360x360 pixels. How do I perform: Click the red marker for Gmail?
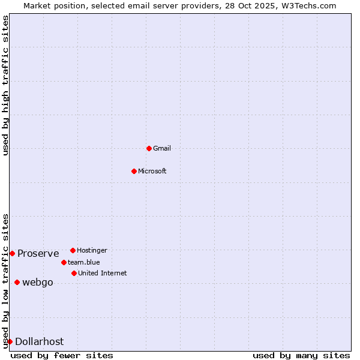[149, 148]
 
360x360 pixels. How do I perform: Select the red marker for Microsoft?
[134, 171]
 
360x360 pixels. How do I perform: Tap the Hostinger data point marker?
[73, 250]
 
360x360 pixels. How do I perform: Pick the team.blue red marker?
[64, 262]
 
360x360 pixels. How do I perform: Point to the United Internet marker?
[74, 273]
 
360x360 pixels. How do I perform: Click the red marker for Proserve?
[12, 253]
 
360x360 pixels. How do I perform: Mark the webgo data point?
[17, 282]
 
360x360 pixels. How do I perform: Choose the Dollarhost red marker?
[10, 341]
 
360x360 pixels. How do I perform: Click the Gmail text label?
[162, 148]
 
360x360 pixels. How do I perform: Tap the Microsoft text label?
[152, 171]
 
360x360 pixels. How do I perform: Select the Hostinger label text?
[92, 250]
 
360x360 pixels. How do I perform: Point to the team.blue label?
[84, 262]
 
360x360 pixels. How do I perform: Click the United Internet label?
[103, 273]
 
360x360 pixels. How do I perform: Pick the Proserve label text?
[38, 253]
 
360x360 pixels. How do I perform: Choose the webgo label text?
[38, 282]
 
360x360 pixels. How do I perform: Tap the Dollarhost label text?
[40, 341]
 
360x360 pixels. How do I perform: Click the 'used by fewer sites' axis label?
[62, 355]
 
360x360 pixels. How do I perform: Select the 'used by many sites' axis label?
[301, 355]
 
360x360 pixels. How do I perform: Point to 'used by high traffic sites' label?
[5, 86]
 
